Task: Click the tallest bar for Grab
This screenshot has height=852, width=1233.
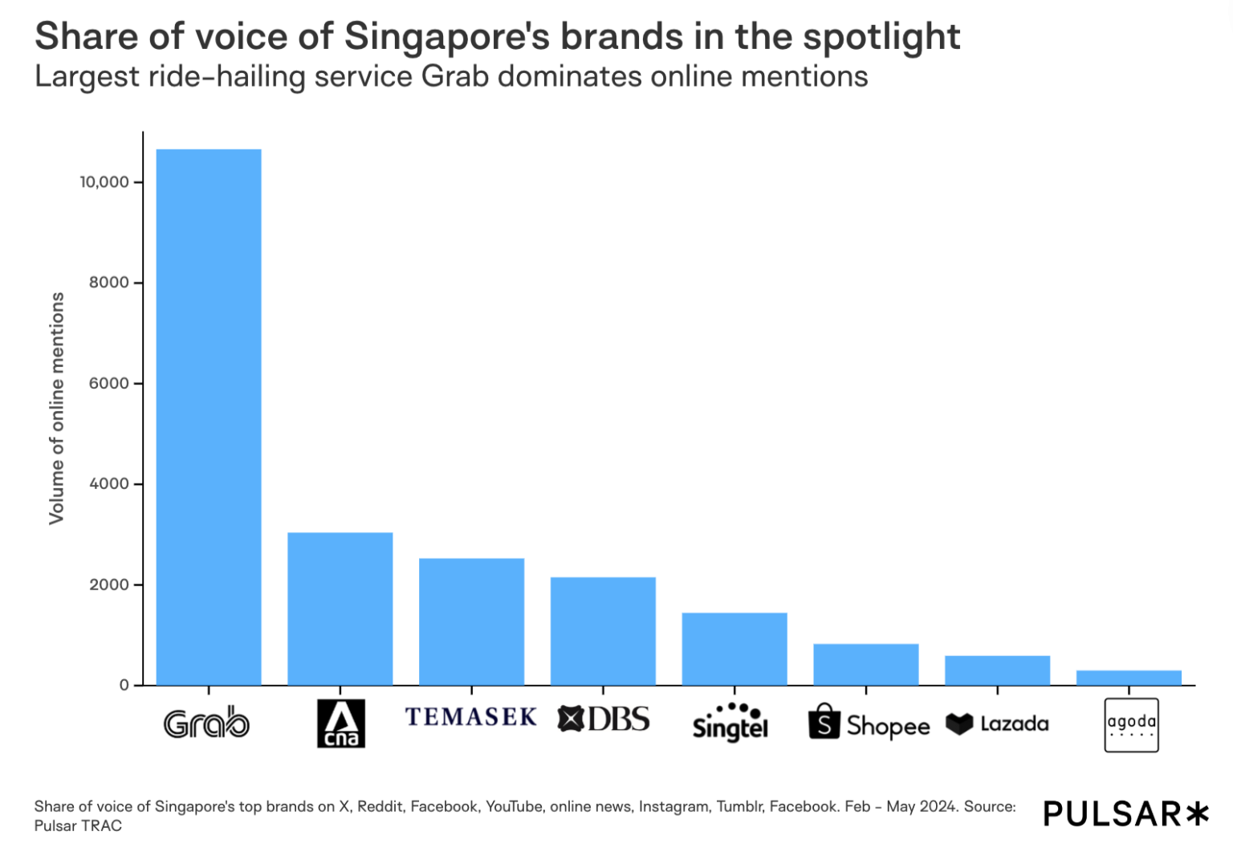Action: click(209, 417)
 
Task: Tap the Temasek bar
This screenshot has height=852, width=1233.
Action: click(472, 622)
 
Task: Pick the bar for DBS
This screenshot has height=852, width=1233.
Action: click(603, 631)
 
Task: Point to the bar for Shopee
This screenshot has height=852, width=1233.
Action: click(866, 665)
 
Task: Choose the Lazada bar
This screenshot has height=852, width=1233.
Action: click(998, 671)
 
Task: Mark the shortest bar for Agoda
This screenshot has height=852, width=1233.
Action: click(1129, 678)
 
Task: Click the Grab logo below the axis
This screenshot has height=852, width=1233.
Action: click(207, 724)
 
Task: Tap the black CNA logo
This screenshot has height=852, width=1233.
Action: click(341, 724)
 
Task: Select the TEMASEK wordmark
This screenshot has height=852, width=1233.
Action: click(471, 716)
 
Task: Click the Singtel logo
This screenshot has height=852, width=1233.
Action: click(730, 722)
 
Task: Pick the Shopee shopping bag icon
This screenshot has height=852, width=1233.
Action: click(824, 722)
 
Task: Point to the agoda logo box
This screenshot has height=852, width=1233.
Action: click(1131, 725)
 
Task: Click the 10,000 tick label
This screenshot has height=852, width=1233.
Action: click(104, 182)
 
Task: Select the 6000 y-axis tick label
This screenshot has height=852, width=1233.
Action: click(109, 384)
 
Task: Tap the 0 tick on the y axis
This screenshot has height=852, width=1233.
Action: click(124, 686)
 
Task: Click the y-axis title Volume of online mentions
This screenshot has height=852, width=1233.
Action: click(56, 408)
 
